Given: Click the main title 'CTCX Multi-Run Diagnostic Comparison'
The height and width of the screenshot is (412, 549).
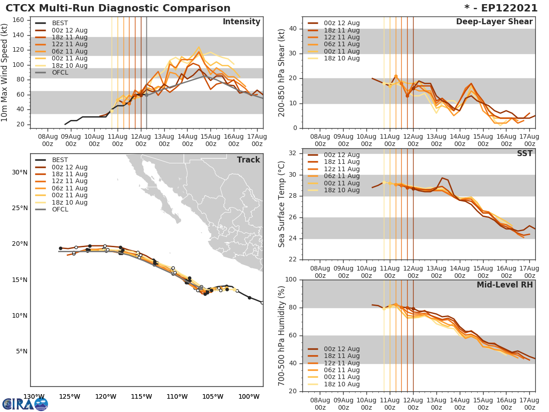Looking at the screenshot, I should (x=118, y=8).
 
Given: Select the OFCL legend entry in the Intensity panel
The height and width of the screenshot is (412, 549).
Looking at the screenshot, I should (x=59, y=72).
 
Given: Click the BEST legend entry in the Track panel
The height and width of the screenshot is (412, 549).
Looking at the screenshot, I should (x=59, y=160).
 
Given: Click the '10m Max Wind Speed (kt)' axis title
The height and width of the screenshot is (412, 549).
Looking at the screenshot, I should (x=5, y=72).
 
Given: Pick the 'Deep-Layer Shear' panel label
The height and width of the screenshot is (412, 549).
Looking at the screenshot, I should (x=494, y=22).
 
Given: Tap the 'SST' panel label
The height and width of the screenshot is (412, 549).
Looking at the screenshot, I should (x=524, y=153).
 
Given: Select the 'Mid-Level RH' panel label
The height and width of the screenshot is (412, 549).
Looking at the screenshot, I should (x=505, y=285).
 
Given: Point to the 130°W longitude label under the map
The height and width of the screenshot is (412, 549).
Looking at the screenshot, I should (x=34, y=396).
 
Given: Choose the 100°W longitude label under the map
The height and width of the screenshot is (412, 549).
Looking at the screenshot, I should (x=249, y=396).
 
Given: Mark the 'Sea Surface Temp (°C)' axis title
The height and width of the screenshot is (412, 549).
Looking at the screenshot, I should (x=282, y=204).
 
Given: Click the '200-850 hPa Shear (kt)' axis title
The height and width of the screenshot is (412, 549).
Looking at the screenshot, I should (x=282, y=72).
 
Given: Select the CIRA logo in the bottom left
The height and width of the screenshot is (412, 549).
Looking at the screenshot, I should (x=25, y=404).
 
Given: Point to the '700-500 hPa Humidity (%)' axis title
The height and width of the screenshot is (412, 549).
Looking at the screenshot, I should (x=282, y=336).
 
